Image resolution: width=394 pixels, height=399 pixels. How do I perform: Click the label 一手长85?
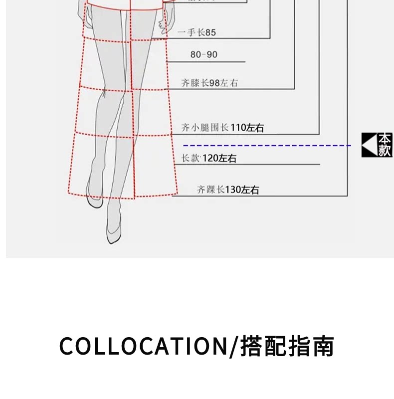click(x=197, y=33)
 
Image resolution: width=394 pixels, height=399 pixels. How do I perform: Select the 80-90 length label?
click(x=204, y=54)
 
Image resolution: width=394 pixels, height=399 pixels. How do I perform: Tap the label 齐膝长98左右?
click(x=209, y=83)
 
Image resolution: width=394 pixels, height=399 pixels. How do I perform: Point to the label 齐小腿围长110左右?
click(x=222, y=128)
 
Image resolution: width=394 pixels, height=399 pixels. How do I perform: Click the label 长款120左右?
click(x=208, y=159)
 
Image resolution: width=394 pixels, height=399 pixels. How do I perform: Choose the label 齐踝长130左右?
click(x=227, y=190)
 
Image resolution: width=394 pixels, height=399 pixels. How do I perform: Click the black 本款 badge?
click(x=377, y=145)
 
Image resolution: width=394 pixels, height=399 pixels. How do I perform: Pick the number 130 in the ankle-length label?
click(x=233, y=190)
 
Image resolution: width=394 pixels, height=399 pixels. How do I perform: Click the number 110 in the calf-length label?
click(x=238, y=128)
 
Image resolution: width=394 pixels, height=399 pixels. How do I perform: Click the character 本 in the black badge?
click(x=385, y=139)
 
